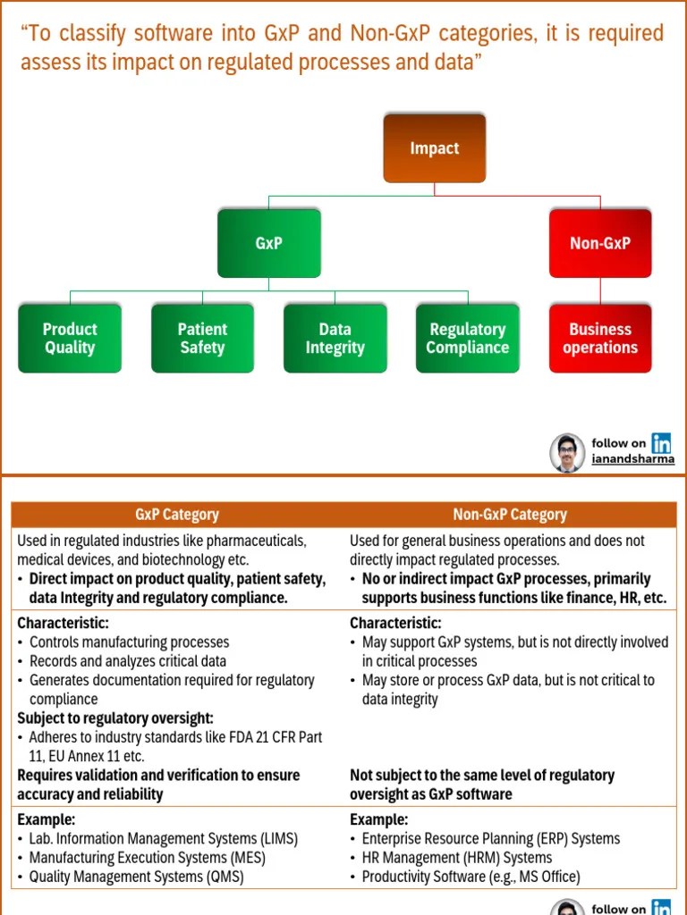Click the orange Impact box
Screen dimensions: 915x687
click(x=434, y=148)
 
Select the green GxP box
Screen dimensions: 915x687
click(x=268, y=243)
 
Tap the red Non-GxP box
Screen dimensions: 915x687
click(x=599, y=243)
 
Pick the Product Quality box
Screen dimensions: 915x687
click(x=70, y=339)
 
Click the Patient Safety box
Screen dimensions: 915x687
click(x=202, y=339)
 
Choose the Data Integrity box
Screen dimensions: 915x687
click(x=335, y=339)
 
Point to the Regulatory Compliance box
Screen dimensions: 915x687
click(x=467, y=339)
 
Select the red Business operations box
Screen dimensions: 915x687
click(x=599, y=339)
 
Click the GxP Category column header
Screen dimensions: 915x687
click(x=177, y=515)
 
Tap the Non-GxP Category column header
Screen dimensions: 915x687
click(x=510, y=515)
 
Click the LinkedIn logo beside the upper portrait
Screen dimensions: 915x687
click(x=662, y=442)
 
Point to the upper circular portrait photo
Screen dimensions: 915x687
click(x=567, y=452)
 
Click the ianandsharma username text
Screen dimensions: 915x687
click(x=633, y=459)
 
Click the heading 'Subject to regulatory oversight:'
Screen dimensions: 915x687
click(x=115, y=718)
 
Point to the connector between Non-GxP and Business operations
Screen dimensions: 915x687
click(x=600, y=290)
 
